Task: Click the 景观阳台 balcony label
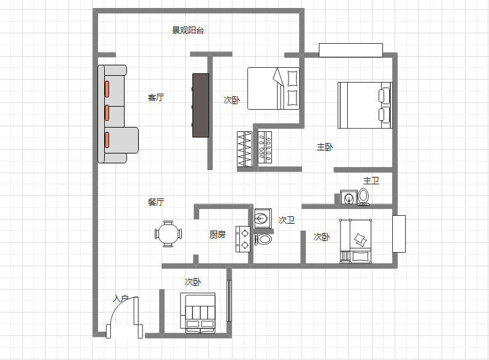188,30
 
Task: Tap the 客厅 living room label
156,97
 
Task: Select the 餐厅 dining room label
156,202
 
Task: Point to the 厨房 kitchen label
218,234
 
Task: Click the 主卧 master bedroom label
325,147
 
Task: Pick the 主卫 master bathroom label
371,181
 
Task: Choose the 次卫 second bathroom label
287,220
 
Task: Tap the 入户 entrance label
121,298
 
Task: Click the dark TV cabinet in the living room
200,105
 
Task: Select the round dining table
168,234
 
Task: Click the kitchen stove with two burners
243,239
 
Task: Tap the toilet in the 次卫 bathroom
263,239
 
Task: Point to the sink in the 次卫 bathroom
263,218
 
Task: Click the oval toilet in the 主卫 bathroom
363,197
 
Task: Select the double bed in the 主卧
365,105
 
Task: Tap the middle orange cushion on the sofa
107,113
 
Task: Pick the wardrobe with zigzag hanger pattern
244,149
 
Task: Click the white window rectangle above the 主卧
351,50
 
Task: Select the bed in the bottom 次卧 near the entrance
198,313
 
